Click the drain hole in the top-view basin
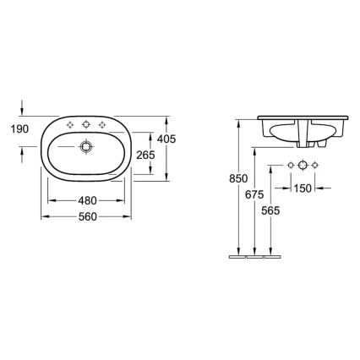[85, 146]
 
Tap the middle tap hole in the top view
[85, 127]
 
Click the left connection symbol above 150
[290, 163]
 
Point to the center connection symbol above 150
[303, 163]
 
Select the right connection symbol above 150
[315, 163]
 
